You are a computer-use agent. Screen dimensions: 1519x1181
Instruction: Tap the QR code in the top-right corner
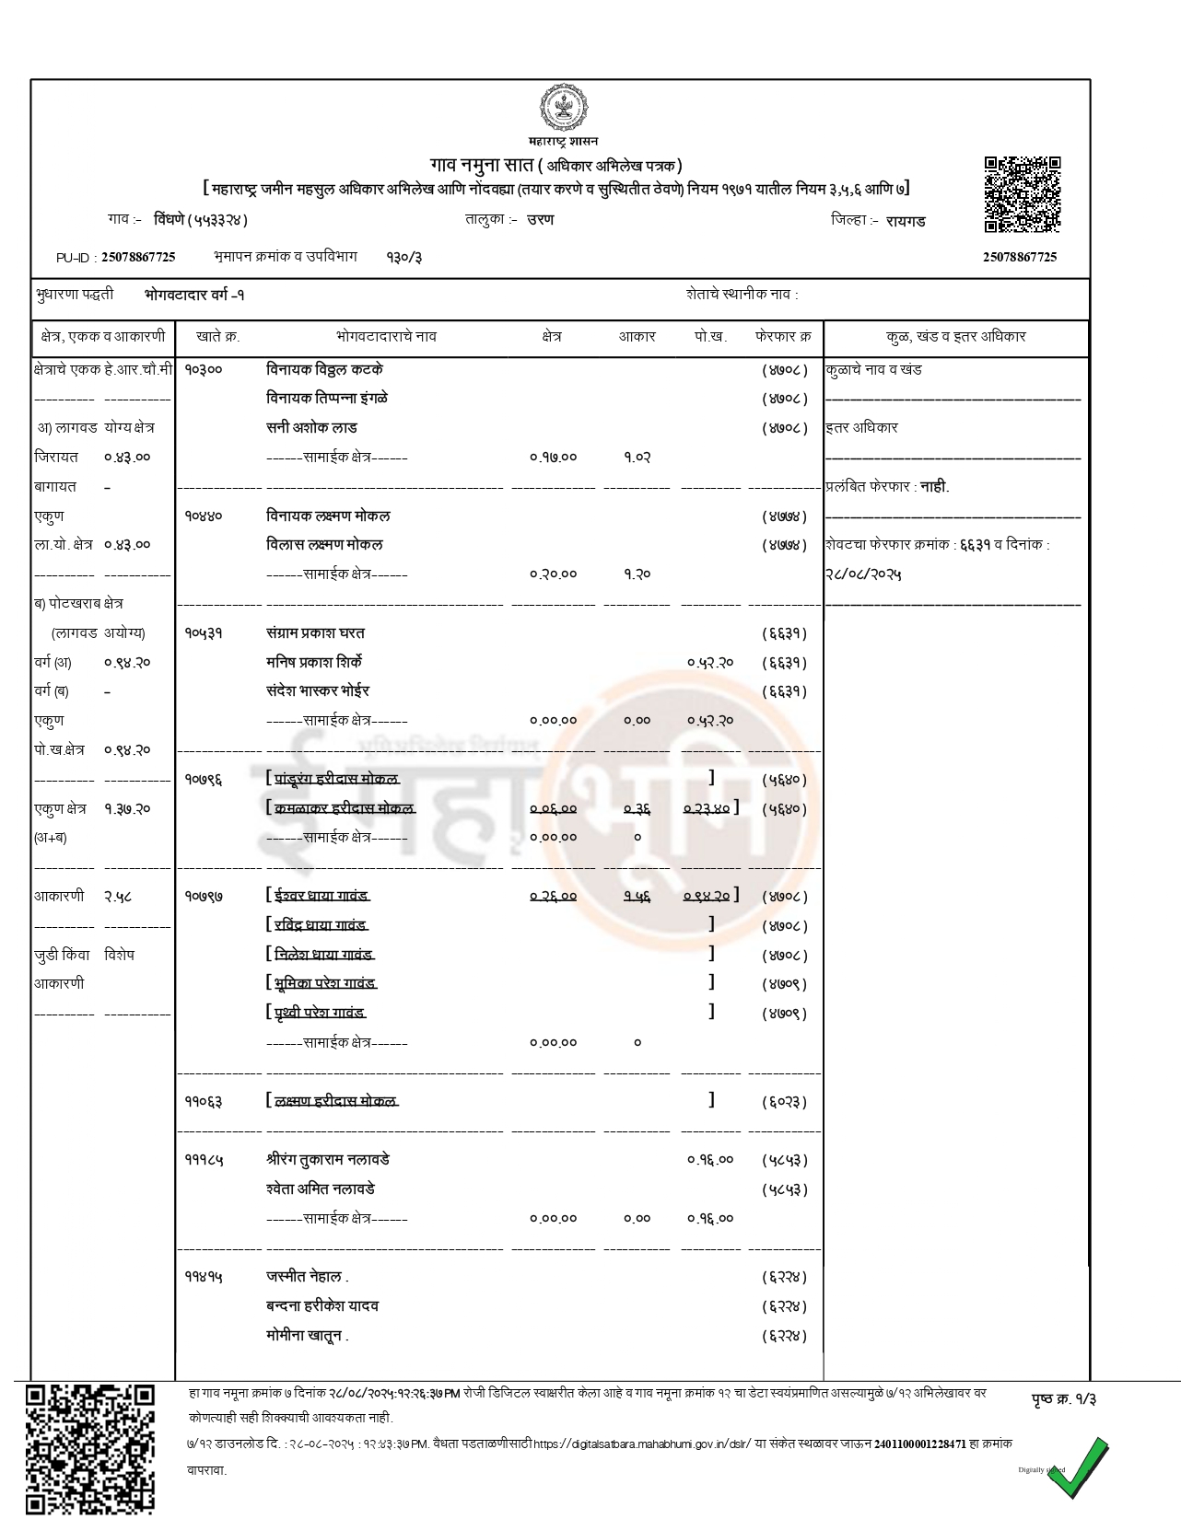[1022, 194]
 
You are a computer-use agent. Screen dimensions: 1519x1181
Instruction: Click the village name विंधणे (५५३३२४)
[201, 221]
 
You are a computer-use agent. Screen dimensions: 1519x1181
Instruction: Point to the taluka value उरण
[541, 220]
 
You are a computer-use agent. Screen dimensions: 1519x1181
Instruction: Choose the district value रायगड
[906, 221]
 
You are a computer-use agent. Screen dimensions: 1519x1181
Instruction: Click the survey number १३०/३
[403, 257]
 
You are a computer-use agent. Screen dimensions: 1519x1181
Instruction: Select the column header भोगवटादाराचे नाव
[386, 337]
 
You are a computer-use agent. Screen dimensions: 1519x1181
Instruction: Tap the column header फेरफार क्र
[783, 337]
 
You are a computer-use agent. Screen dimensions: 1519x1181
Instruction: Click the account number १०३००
[203, 369]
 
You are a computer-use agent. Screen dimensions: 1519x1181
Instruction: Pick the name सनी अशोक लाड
[311, 428]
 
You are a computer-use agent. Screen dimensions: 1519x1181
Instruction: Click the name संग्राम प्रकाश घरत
[315, 633]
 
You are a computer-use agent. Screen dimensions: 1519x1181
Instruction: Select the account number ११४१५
[203, 1277]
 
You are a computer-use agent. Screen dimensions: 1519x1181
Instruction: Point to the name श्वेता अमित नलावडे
[320, 1189]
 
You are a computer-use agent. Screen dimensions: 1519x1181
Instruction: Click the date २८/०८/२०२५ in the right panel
[862, 574]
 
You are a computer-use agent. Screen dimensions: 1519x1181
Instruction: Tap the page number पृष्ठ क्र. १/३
[1063, 1399]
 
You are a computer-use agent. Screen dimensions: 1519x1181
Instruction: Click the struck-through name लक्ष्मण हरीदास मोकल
[335, 1101]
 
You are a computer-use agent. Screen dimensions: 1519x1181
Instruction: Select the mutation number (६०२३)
[784, 1102]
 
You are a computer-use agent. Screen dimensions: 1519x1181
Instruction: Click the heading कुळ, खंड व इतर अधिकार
[955, 337]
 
